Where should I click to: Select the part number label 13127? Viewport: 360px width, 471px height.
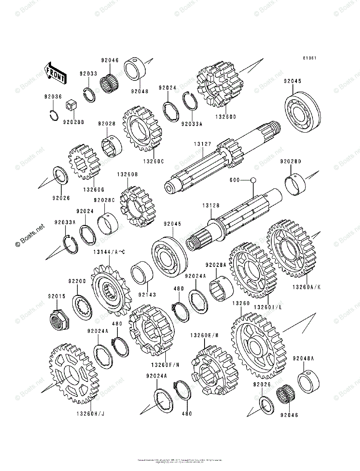[201, 144]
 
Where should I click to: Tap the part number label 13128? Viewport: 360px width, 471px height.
[211, 206]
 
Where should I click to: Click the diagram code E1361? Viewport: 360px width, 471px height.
[309, 58]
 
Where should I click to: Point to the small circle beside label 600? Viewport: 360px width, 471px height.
[253, 180]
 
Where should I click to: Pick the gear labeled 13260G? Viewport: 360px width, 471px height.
[84, 164]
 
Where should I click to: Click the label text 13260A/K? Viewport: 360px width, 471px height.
[306, 287]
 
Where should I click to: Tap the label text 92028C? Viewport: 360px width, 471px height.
[104, 200]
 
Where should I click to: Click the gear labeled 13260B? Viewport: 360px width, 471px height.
[137, 207]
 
